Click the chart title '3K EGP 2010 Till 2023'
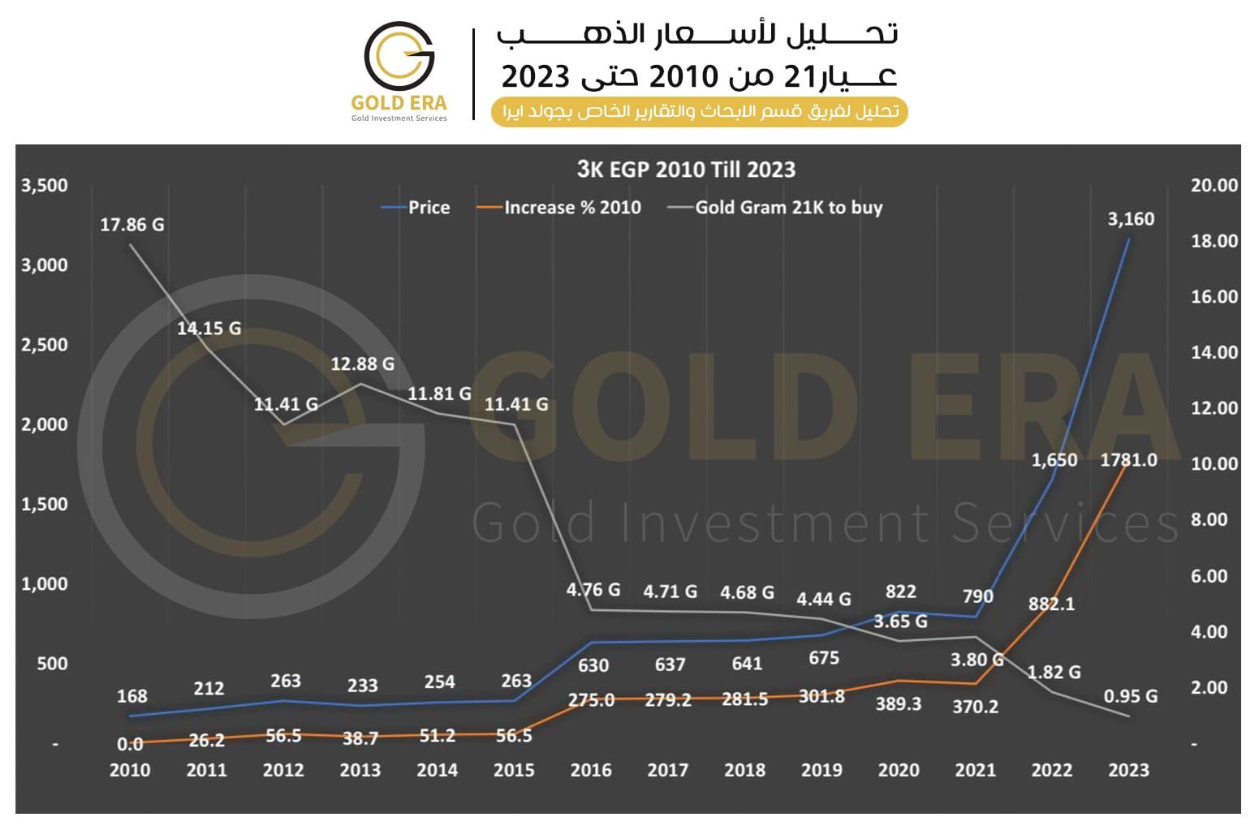686,170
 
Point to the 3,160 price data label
1130,219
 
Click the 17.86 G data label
132,225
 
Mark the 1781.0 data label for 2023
1128,460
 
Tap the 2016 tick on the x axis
590,770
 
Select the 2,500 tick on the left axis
45,345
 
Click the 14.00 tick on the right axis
1214,352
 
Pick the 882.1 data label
1051,604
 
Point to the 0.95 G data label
1130,696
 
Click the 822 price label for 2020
900,591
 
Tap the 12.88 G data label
362,364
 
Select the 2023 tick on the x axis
1128,770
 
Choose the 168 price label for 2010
132,696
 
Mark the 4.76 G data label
593,590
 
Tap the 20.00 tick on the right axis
1214,186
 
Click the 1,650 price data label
1054,460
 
